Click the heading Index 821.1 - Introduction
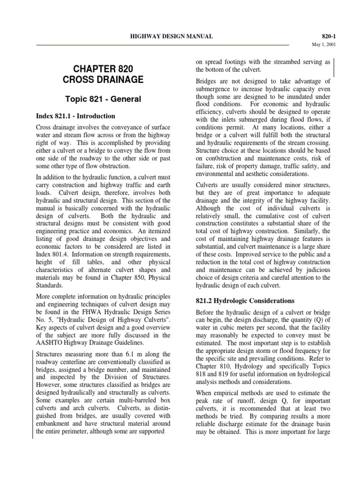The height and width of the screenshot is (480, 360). point(75,116)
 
